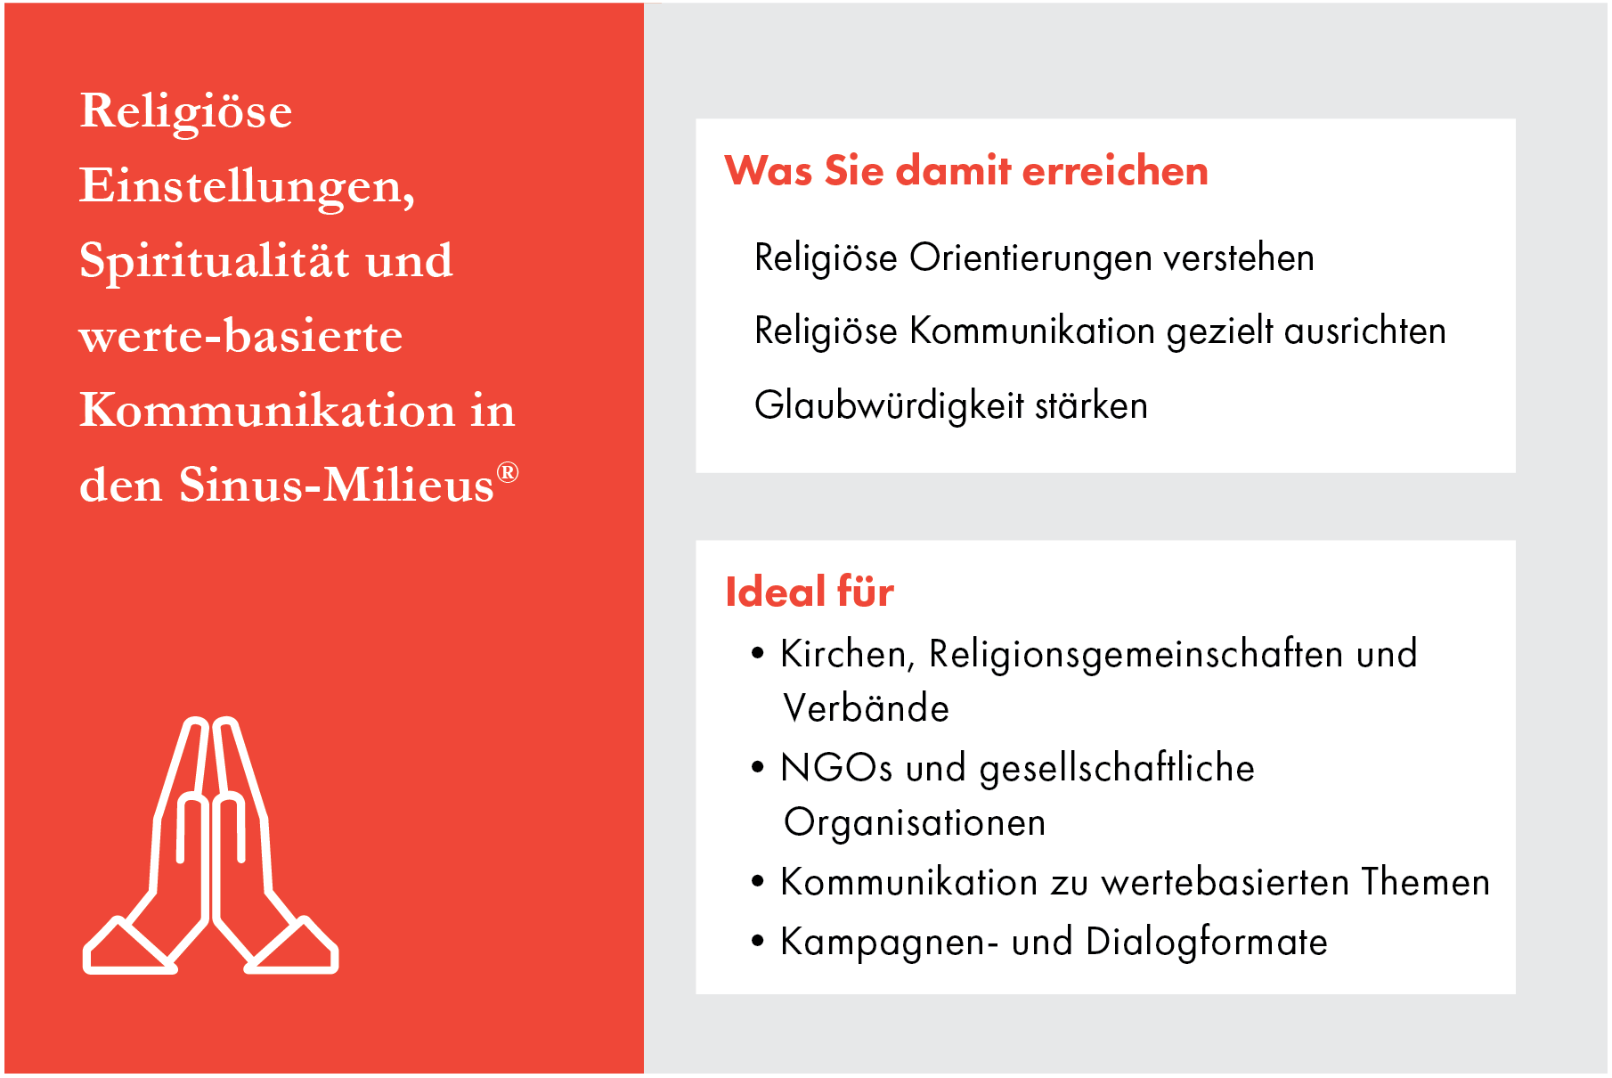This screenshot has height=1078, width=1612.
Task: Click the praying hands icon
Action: click(210, 846)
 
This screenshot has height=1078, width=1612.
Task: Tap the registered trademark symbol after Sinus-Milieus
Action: click(508, 472)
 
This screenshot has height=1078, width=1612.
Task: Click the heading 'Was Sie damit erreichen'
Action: click(966, 170)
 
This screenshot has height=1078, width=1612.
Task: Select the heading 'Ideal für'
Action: click(810, 592)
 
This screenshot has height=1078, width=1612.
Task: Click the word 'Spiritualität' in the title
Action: click(215, 262)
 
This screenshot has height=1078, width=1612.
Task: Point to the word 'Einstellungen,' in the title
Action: click(247, 187)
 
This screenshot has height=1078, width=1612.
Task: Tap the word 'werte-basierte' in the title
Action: click(240, 337)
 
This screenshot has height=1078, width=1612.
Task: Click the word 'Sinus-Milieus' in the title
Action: click(336, 486)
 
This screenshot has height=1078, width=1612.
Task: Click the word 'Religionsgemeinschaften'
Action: click(1136, 655)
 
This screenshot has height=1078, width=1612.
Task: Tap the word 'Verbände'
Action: click(866, 709)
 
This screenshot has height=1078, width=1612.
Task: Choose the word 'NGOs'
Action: click(836, 768)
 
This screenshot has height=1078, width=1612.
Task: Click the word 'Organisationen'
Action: click(915, 823)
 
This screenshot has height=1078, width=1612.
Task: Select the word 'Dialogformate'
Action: click(1207, 943)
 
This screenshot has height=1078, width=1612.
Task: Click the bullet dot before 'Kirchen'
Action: click(758, 653)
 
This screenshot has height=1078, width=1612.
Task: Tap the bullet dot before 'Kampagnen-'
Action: click(758, 941)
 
